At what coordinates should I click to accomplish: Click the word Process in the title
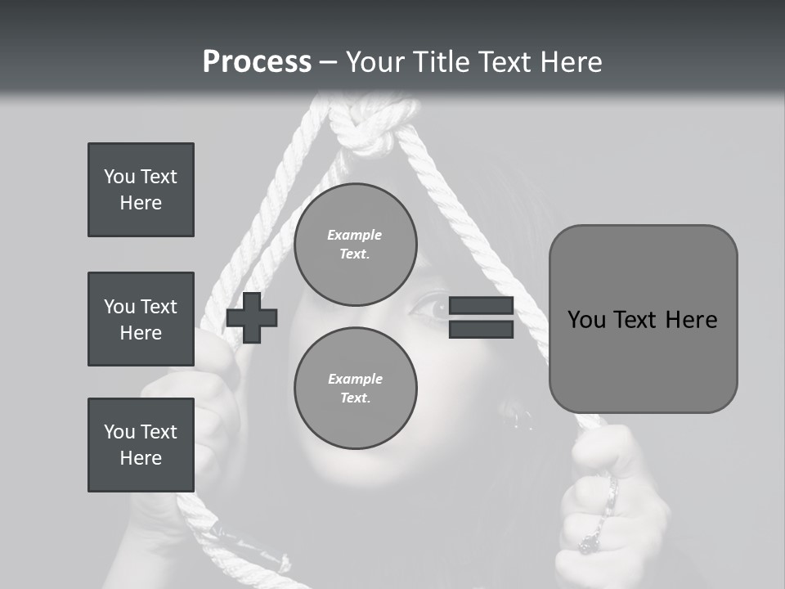257,62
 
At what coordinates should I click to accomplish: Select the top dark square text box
141,190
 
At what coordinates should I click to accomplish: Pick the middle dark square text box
141,319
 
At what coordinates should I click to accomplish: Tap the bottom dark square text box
141,445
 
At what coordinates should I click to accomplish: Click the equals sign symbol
481,318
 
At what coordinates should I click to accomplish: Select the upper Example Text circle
355,245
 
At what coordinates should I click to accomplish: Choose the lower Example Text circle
355,388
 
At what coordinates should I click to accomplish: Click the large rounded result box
643,319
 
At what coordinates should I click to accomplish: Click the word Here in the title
571,62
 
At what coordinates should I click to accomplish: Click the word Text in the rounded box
641,320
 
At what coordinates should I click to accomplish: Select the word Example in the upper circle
355,235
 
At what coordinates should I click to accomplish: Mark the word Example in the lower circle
355,379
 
